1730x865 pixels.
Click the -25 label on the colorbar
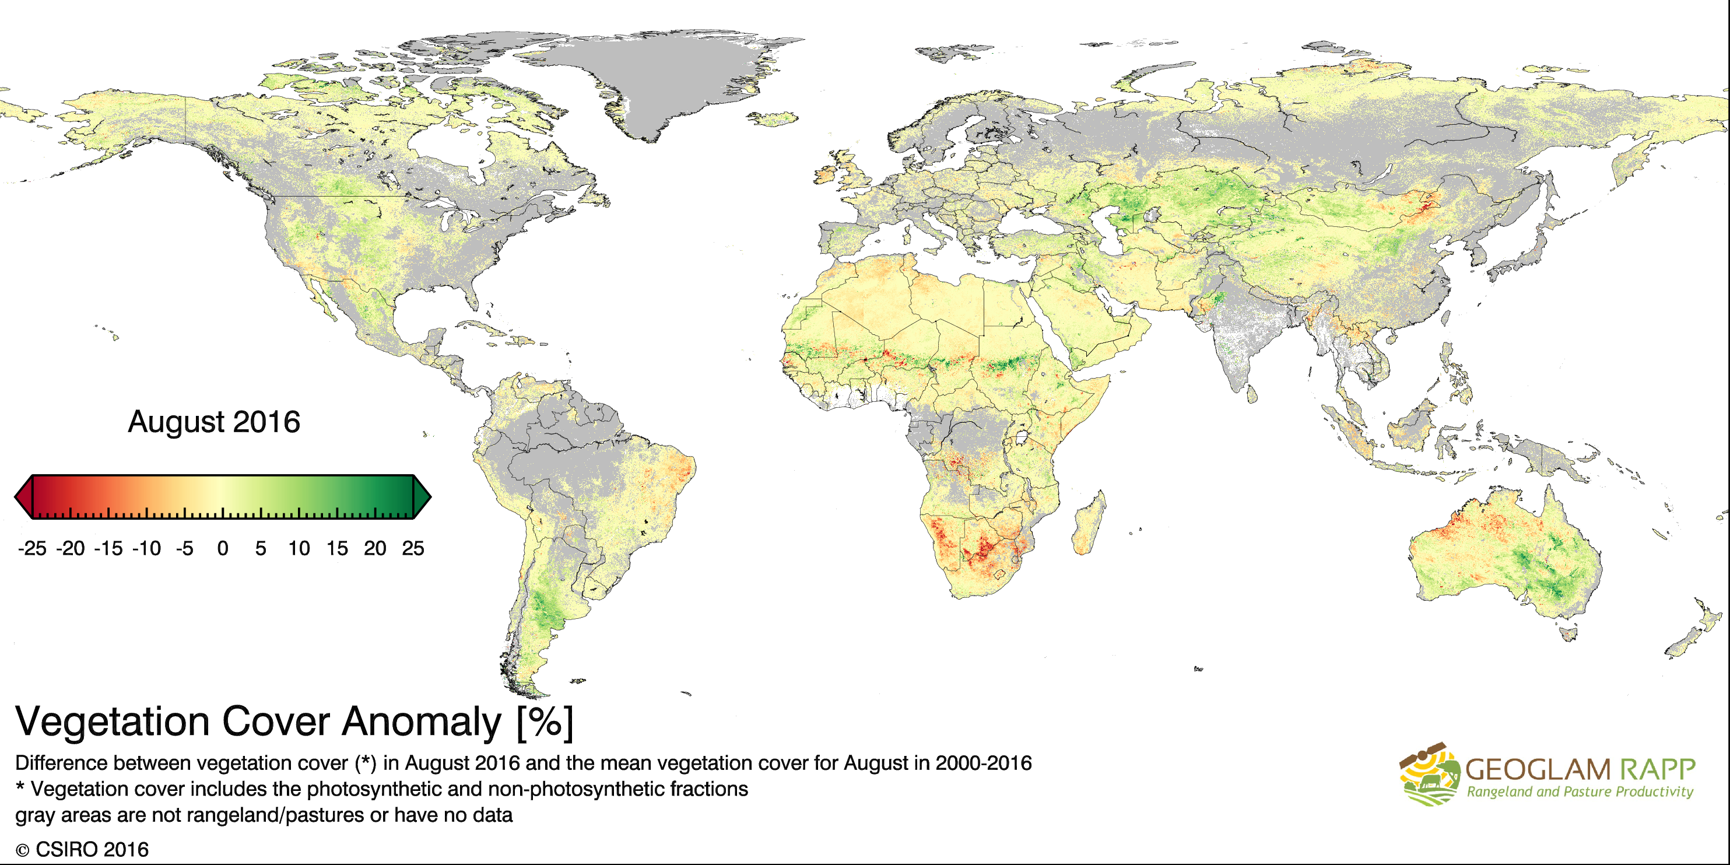click(32, 549)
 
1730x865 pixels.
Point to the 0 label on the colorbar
click(222, 549)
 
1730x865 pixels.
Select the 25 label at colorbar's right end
click(412, 549)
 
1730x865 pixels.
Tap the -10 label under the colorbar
click(146, 549)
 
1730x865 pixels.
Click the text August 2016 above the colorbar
click(213, 422)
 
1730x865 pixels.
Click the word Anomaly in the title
click(421, 722)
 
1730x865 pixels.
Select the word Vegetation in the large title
click(112, 722)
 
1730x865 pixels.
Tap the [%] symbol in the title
click(545, 722)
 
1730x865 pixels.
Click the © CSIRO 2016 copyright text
click(82, 850)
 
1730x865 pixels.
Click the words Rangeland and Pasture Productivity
click(1580, 792)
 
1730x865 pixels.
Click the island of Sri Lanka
click(1252, 394)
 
